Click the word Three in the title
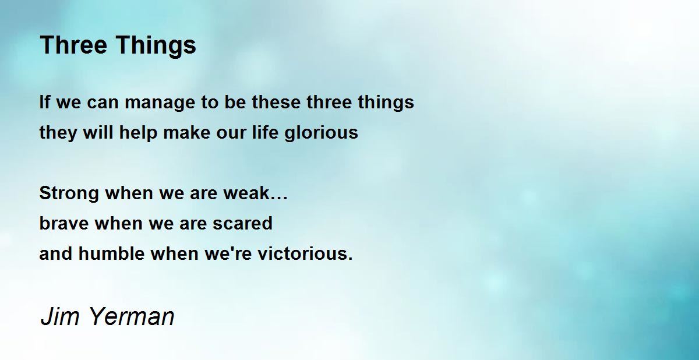73,45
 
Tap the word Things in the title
156,46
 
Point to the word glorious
321,133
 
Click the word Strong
69,193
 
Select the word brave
64,223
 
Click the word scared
242,223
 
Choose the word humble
111,253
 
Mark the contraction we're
228,253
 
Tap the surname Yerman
132,316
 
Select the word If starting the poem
45,102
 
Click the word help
138,133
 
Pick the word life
265,132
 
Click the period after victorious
351,258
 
